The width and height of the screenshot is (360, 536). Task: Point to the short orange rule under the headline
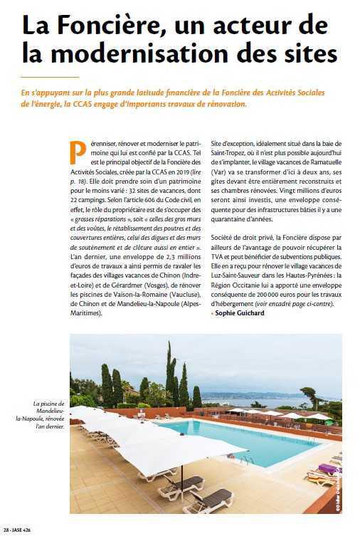[x=51, y=76]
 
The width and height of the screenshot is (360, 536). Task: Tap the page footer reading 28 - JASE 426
[x=18, y=530]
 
